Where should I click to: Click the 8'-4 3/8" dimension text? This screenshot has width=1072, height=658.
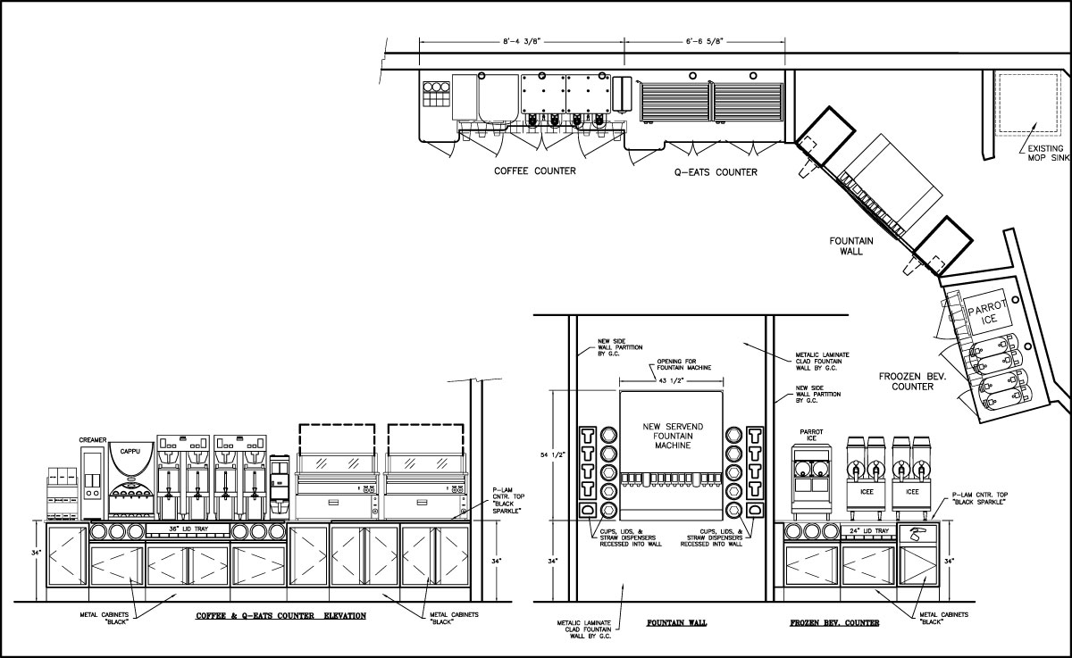coord(521,42)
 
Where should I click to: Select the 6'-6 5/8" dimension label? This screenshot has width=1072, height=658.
coord(704,42)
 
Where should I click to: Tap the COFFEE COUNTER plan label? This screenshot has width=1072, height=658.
coord(534,171)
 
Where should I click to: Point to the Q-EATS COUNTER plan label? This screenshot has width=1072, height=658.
coord(716,172)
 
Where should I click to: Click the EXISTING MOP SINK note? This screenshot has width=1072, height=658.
coord(1048,153)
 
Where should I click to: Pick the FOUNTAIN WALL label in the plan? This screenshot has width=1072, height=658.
coord(851,246)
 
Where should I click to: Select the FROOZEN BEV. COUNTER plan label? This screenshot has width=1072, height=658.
coord(912,381)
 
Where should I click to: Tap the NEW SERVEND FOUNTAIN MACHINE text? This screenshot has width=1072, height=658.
coord(673,436)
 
